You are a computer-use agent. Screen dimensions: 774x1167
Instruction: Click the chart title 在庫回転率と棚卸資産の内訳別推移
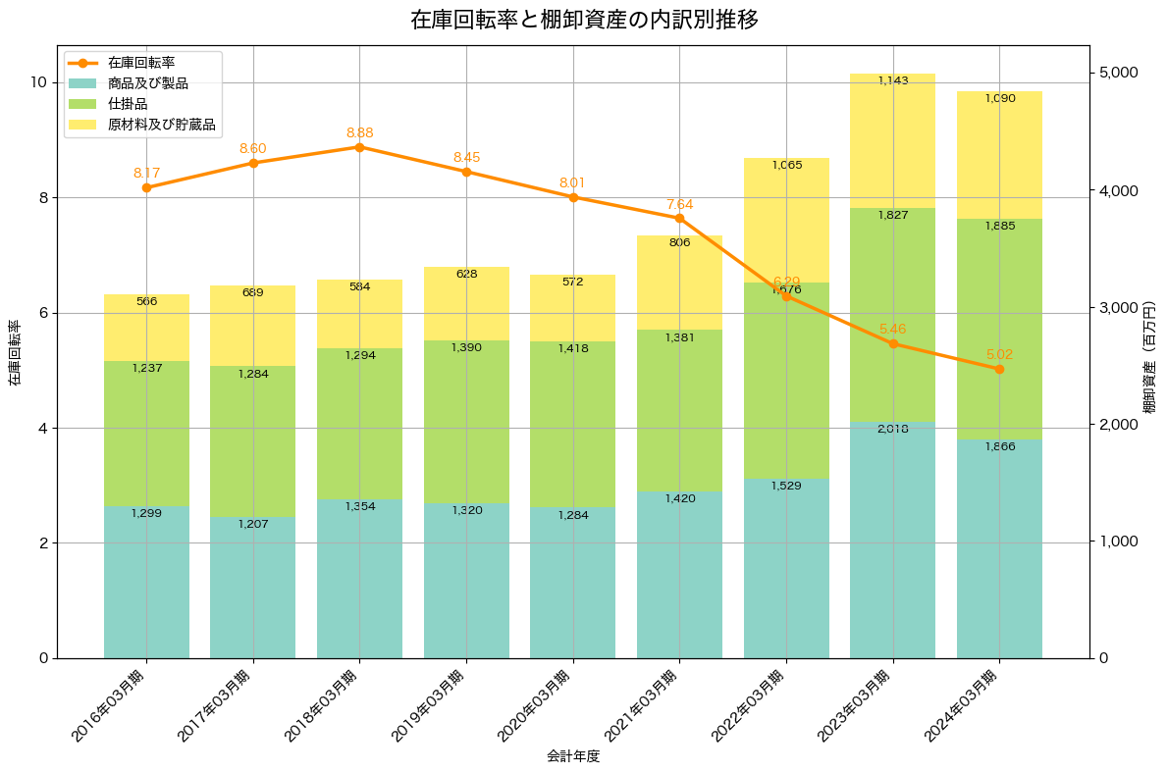pyautogui.click(x=583, y=20)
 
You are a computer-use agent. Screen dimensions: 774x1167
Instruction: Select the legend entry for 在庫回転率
pyautogui.click(x=141, y=63)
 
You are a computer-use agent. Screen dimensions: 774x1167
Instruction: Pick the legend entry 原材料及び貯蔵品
pyautogui.click(x=161, y=125)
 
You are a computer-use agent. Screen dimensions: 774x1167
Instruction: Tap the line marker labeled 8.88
pyautogui.click(x=359, y=147)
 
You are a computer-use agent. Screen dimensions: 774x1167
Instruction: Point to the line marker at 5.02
pyautogui.click(x=999, y=369)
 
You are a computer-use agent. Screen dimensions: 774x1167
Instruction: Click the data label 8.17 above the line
pyautogui.click(x=146, y=173)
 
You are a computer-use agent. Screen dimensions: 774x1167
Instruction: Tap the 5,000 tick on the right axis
pyautogui.click(x=1116, y=73)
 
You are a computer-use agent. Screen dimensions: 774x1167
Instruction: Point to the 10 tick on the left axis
pyautogui.click(x=39, y=82)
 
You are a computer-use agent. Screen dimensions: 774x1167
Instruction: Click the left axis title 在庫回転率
pyautogui.click(x=14, y=352)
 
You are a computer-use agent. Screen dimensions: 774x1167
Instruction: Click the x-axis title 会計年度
pyautogui.click(x=573, y=756)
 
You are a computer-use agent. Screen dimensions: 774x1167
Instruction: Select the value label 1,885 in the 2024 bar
pyautogui.click(x=999, y=226)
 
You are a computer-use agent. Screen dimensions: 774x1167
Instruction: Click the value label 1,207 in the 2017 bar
pyautogui.click(x=253, y=524)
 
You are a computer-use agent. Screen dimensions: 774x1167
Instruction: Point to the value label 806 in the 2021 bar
pyautogui.click(x=679, y=242)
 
